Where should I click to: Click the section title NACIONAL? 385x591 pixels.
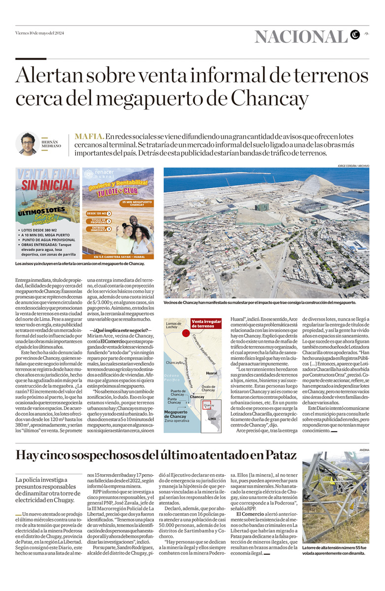(301, 36)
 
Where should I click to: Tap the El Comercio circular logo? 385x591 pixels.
(355, 34)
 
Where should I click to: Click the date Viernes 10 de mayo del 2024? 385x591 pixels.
(39, 33)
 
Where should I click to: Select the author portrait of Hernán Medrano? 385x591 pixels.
(27, 143)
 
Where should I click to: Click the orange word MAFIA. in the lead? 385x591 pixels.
(89, 136)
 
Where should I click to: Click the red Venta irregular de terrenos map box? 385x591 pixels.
(206, 323)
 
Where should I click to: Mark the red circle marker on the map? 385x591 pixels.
(186, 333)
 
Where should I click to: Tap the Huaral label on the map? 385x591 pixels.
(212, 373)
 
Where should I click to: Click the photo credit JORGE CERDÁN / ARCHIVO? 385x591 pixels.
(353, 165)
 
